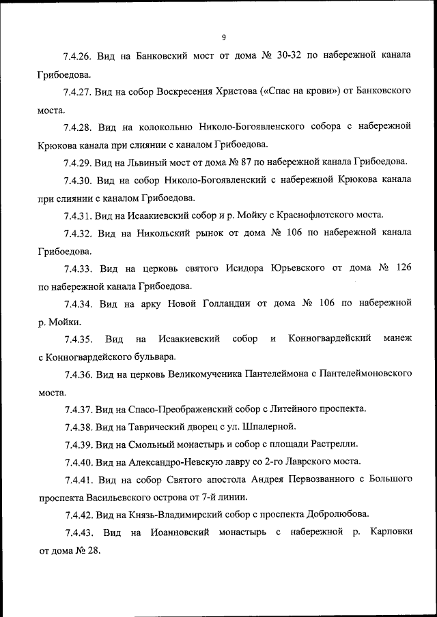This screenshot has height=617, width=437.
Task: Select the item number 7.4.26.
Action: point(79,56)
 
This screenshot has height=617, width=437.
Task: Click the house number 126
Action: point(403,269)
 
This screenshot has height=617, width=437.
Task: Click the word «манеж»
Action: point(397,339)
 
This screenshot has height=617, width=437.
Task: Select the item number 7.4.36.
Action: point(79,374)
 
